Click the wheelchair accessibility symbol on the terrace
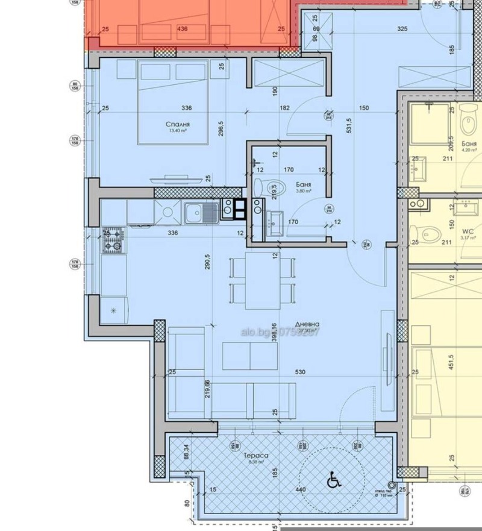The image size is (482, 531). pos(332,481)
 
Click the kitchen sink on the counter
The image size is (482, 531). pos(193,212)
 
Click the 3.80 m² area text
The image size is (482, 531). pos(303,190)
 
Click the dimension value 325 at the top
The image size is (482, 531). pos(404,29)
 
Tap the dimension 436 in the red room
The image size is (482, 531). pos(182,29)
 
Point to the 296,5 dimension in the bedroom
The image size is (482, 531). pos(221,131)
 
